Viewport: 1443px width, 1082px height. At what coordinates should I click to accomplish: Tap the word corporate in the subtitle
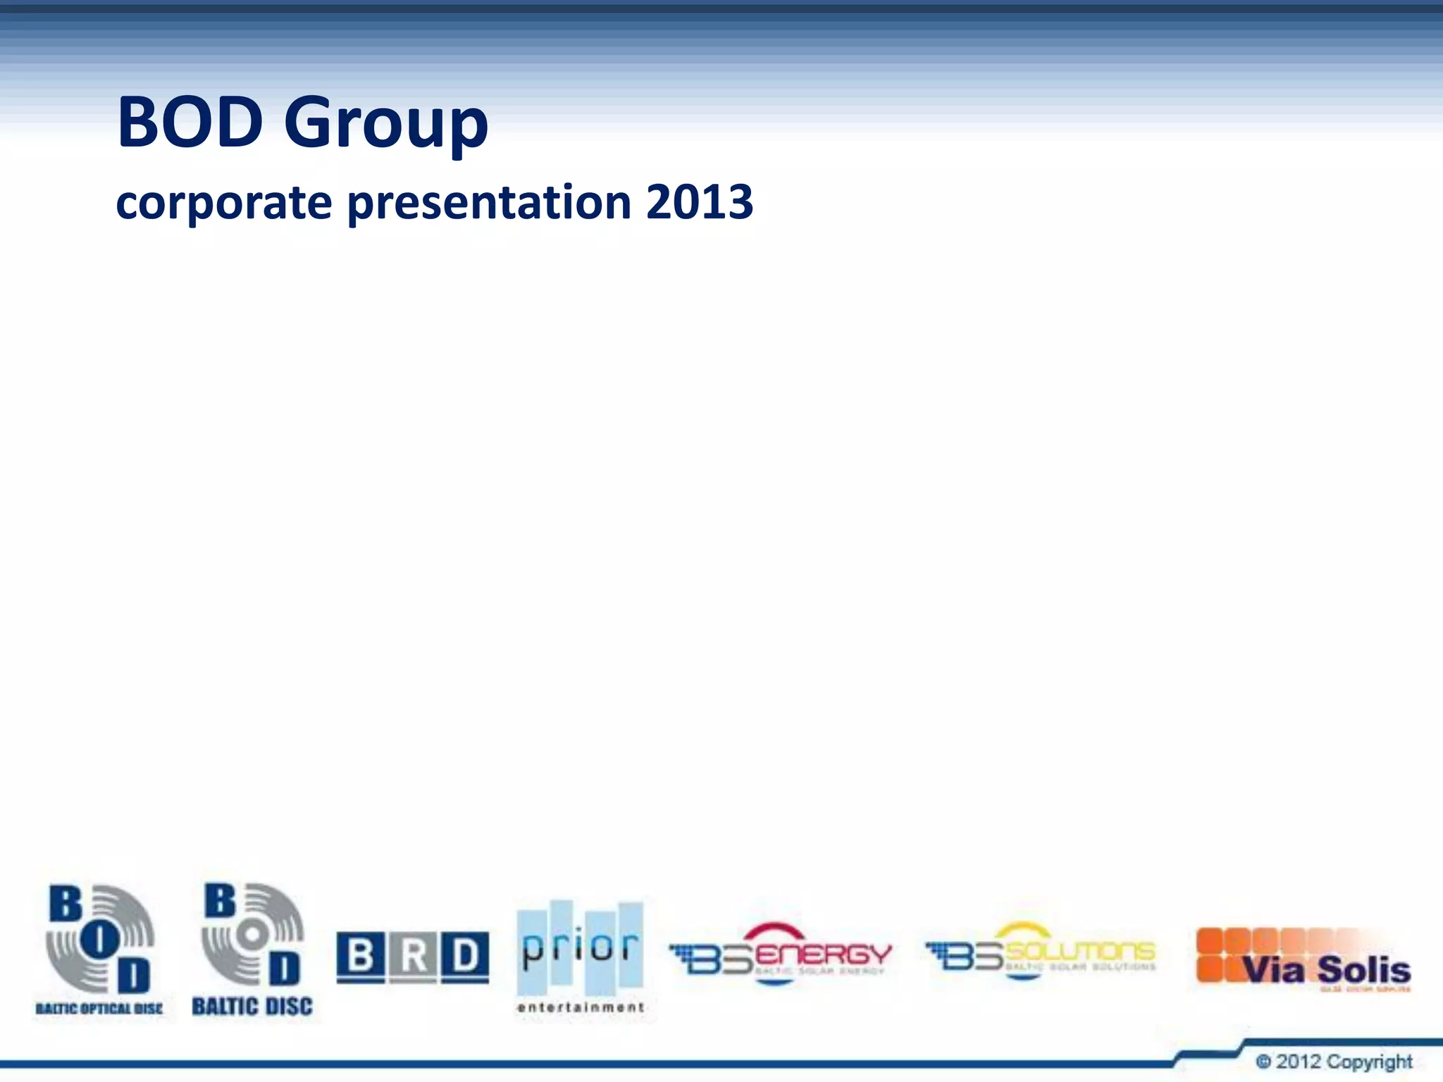coord(223,202)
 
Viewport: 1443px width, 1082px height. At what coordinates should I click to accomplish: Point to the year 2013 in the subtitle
coord(699,202)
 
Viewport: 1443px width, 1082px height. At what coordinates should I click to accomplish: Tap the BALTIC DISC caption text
coord(252,1007)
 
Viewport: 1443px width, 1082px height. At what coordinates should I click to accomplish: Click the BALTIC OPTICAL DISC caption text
coord(99,1009)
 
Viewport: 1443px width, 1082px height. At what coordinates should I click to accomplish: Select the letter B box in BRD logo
coord(361,957)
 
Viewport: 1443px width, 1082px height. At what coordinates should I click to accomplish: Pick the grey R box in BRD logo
coord(414,957)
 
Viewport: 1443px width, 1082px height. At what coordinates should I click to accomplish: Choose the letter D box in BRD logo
coord(465,957)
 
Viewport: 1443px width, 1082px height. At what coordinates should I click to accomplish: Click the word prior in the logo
coord(580,948)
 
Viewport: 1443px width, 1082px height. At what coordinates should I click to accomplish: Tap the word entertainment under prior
coord(580,1007)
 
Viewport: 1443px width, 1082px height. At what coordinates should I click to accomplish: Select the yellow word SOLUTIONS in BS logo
coord(1079,952)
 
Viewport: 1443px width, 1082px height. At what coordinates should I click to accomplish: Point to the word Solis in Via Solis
coord(1363,971)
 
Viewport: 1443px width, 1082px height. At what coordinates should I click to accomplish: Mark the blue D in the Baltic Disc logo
coord(284,970)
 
